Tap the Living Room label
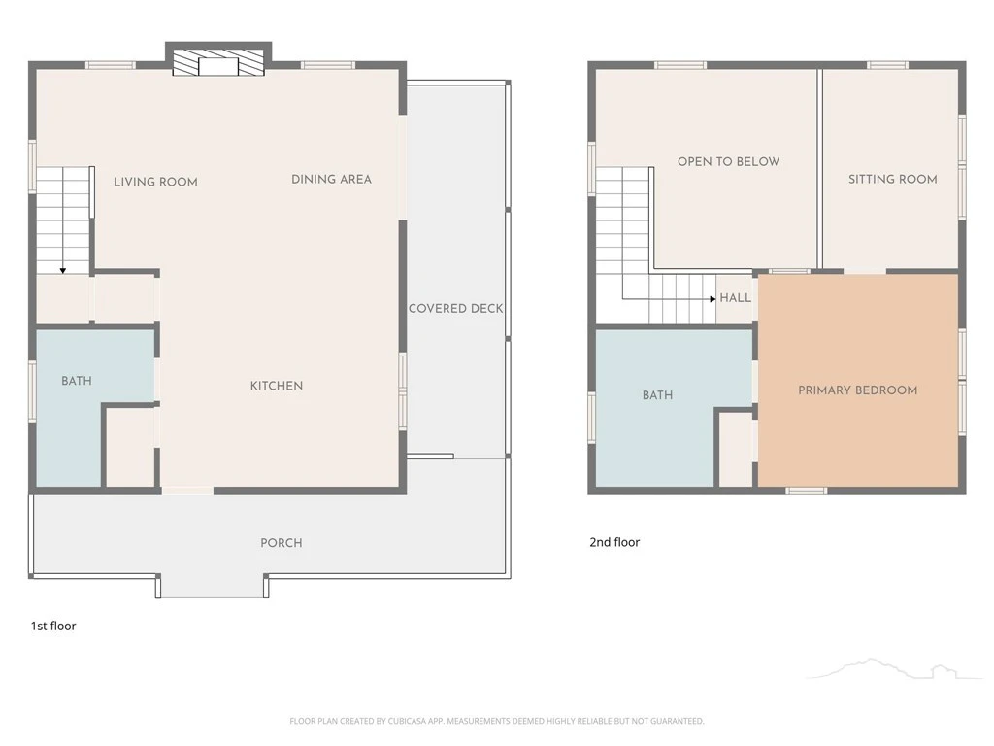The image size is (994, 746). (156, 182)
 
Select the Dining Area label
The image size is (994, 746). (332, 180)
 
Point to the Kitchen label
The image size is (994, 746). (277, 386)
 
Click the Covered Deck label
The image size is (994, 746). (456, 308)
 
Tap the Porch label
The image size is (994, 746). (282, 543)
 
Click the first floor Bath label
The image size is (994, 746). (77, 381)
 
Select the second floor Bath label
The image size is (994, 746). (657, 395)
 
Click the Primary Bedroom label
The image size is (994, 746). (858, 390)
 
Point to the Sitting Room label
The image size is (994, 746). (893, 180)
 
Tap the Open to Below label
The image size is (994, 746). (728, 162)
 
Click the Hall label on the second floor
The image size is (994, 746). (736, 297)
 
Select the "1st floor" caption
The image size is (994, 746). (53, 627)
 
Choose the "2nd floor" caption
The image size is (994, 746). (614, 542)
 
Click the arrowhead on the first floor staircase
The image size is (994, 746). (63, 271)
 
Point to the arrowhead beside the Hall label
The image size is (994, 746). (713, 299)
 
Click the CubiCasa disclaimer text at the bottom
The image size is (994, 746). (496, 721)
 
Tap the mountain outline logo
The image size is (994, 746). (894, 668)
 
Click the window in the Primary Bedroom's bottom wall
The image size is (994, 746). (807, 491)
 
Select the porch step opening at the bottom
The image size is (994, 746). (212, 586)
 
